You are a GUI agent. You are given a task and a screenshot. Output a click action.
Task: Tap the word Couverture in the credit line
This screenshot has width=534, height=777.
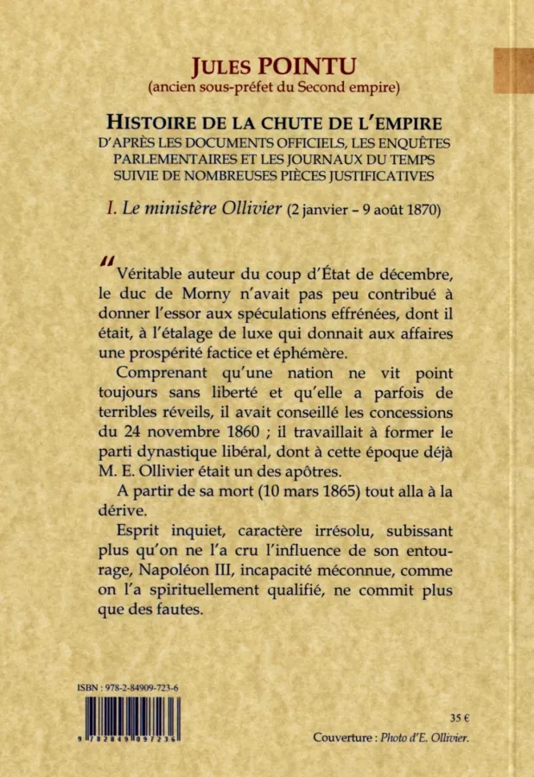tap(343, 738)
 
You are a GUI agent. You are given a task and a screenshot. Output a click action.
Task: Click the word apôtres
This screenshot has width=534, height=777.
tap(315, 471)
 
